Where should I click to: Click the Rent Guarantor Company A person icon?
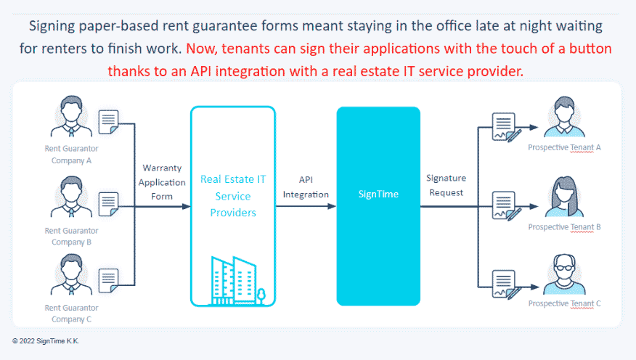[x=71, y=116]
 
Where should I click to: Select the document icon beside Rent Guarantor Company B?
[x=109, y=205]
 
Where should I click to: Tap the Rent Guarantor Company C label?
[x=71, y=314]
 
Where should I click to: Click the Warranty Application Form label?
[x=162, y=182]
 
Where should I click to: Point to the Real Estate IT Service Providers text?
[x=233, y=196]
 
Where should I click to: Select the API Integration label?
[x=306, y=187]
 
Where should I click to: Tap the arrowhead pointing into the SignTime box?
[x=332, y=206]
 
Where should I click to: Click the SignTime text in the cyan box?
[x=378, y=195]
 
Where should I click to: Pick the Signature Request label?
[x=447, y=185]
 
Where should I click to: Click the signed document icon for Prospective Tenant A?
[x=506, y=127]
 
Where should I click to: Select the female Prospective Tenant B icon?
[x=565, y=197]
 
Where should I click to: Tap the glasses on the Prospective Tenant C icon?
[x=565, y=268]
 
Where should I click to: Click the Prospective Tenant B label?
[x=564, y=227]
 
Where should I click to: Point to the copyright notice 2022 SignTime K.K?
[x=46, y=341]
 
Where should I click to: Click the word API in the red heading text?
[x=201, y=71]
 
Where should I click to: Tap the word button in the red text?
[x=590, y=49]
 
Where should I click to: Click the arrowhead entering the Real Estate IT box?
[x=186, y=206]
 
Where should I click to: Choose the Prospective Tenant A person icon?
[x=565, y=117]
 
